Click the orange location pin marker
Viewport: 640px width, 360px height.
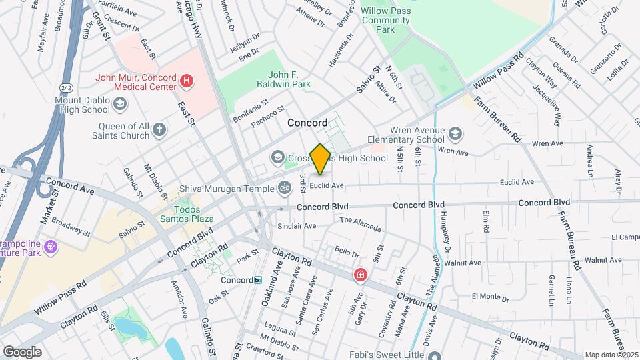point(321,159)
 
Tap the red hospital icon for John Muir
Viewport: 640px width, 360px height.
point(187,82)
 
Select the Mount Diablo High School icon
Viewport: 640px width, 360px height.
point(119,104)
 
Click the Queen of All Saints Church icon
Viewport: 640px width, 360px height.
point(159,130)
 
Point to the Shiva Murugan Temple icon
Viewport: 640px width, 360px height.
point(285,189)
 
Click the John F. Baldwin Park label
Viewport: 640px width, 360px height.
point(289,79)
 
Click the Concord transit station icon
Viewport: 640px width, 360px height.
point(257,280)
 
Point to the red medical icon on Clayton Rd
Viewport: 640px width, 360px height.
point(360,275)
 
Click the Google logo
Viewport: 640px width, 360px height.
point(22,351)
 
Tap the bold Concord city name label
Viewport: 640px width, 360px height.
point(307,123)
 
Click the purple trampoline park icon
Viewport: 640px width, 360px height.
point(51,248)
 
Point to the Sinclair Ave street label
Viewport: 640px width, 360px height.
point(297,226)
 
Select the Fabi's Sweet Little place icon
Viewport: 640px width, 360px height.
point(435,355)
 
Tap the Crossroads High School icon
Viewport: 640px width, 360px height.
point(277,157)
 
